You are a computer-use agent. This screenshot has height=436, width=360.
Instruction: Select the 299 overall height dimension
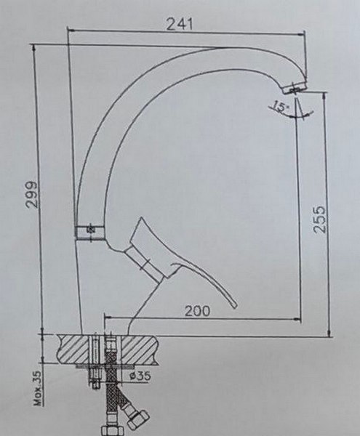click(30, 195)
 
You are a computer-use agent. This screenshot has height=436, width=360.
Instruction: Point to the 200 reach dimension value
click(196, 310)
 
